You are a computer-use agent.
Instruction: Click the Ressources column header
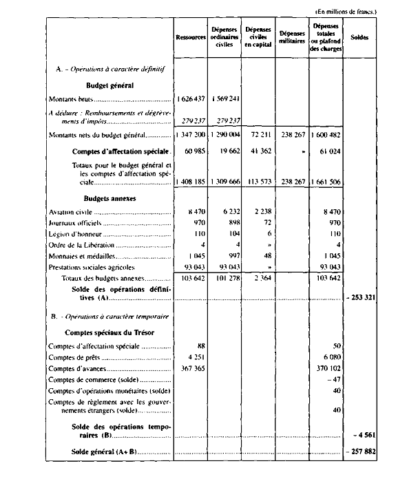point(191,37)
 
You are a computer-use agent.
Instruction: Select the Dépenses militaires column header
point(292,37)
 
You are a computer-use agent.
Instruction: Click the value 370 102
point(328,370)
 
